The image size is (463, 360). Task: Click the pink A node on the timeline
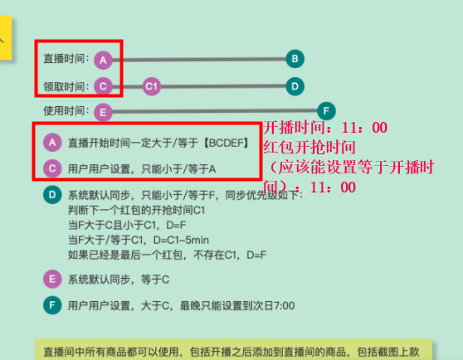(103, 61)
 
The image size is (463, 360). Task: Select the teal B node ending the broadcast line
(295, 59)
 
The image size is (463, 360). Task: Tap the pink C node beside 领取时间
(103, 86)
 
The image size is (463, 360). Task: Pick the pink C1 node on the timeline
(152, 86)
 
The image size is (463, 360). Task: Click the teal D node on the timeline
(295, 86)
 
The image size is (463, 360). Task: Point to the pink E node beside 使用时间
(103, 113)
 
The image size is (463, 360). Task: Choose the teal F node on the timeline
(326, 111)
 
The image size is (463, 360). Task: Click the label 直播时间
(65, 59)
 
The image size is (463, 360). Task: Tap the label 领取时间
(65, 87)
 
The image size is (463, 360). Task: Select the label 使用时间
(65, 111)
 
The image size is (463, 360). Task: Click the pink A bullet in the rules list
(52, 143)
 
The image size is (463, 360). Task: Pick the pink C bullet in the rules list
(52, 168)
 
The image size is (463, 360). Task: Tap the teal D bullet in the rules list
(52, 195)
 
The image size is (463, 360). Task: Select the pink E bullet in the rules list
(52, 280)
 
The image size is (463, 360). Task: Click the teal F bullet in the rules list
(52, 305)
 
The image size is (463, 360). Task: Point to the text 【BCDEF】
(227, 144)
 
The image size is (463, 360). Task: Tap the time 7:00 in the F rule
(284, 306)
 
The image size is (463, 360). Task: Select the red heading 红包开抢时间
(309, 148)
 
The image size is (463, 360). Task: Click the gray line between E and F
(215, 111)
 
